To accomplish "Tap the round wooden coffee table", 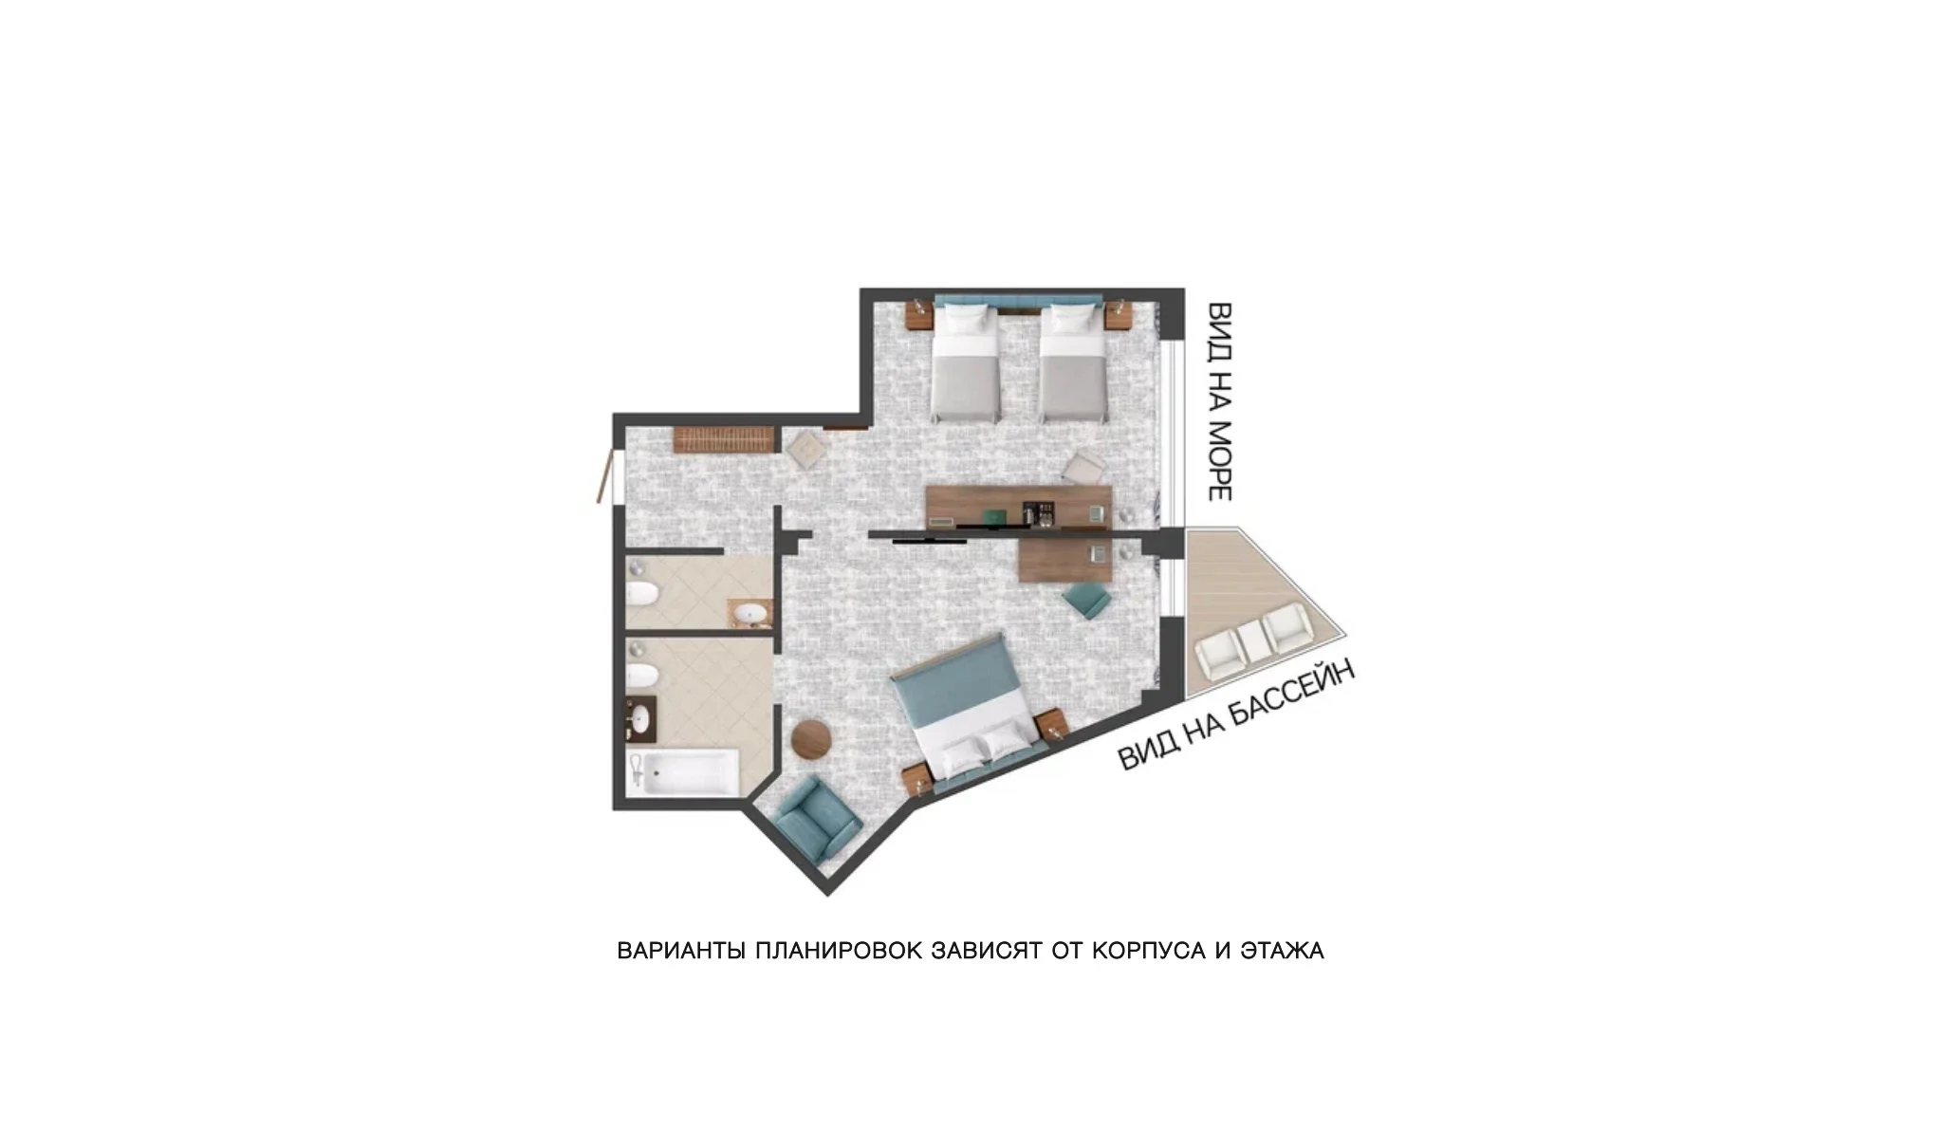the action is [x=813, y=740].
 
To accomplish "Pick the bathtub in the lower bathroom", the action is [x=683, y=772].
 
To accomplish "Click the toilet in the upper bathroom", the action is [x=640, y=595].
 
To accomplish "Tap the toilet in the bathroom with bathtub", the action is [x=641, y=675].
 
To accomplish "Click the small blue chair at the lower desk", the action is [x=1086, y=600].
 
